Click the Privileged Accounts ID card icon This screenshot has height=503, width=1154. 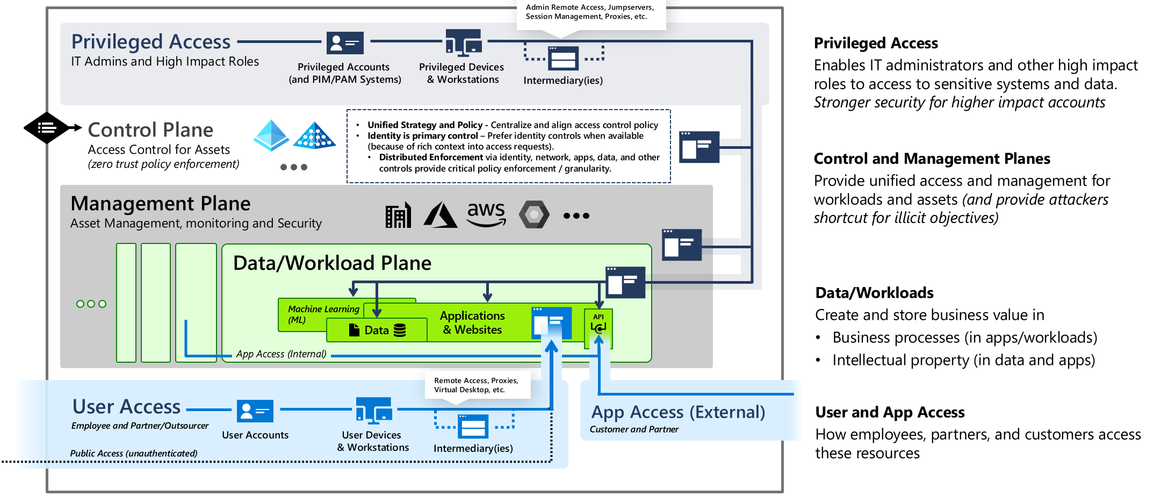point(345,42)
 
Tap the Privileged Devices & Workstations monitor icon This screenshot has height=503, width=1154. point(463,43)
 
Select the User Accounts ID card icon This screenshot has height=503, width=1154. point(255,411)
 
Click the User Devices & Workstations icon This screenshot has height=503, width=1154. point(374,411)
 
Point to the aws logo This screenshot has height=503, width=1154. point(486,214)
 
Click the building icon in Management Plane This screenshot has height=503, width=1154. point(398,215)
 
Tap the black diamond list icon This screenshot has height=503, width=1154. point(47,128)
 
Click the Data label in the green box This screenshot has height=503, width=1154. point(376,330)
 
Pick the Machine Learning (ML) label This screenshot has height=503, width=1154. point(323,314)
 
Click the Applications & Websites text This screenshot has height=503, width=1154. point(472,322)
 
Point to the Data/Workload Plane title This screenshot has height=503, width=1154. point(332,263)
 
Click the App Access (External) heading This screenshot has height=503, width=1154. point(678,412)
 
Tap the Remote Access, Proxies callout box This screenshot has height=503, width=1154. point(477,385)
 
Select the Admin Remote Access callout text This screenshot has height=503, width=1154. point(589,12)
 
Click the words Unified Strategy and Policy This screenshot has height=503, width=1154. point(424,125)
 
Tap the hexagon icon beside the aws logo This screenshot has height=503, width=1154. point(534,214)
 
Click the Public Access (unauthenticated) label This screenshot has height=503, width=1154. point(133,453)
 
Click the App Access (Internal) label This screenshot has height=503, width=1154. point(281,354)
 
